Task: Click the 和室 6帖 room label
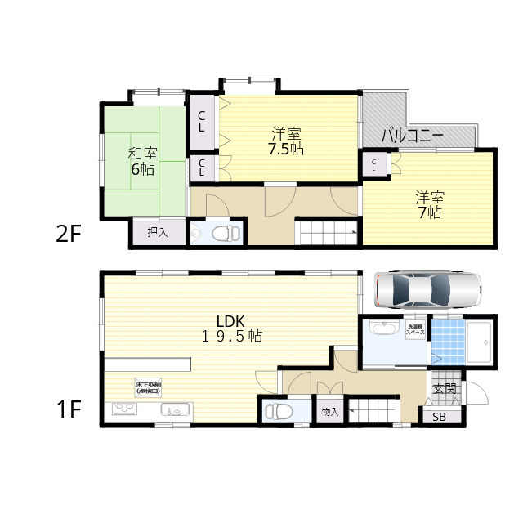click(142, 162)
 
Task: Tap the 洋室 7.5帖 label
click(287, 141)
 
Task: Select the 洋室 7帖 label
click(428, 204)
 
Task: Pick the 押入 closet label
click(157, 233)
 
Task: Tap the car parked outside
click(427, 288)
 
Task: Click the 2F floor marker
click(69, 234)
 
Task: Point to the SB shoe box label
click(439, 418)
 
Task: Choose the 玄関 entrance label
click(444, 389)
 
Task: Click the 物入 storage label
click(330, 413)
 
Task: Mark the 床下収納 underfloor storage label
click(149, 387)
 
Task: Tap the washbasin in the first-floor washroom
click(380, 329)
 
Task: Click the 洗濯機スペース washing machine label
click(415, 331)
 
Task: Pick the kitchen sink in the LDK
click(175, 409)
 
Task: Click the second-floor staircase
click(328, 232)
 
